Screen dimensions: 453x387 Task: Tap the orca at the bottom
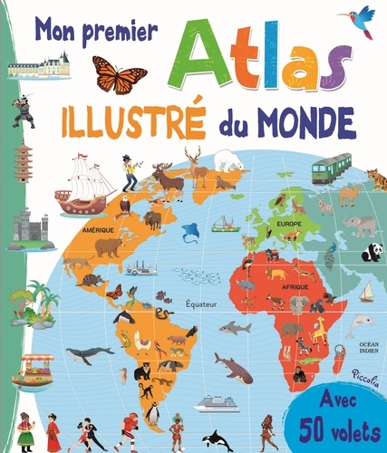click(x=218, y=436)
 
